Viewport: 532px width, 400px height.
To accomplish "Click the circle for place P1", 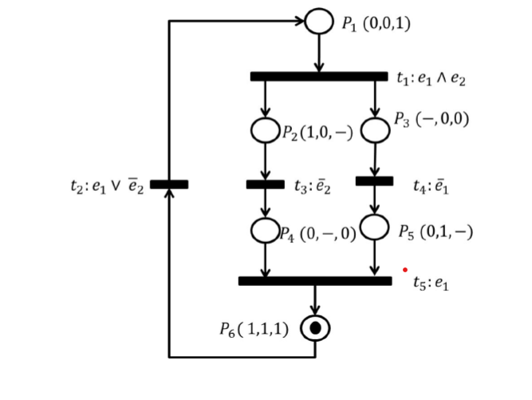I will pyautogui.click(x=319, y=22).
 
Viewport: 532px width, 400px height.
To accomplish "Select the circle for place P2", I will pyautogui.click(x=265, y=130).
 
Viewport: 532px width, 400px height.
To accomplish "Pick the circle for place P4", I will pyautogui.click(x=265, y=230).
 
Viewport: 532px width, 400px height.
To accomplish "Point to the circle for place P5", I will pyautogui.click(x=374, y=226).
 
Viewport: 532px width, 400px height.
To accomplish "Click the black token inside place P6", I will pyautogui.click(x=315, y=327).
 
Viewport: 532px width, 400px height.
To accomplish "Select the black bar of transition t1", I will pyautogui.click(x=318, y=77).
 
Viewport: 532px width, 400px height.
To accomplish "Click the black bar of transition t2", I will pyautogui.click(x=169, y=184).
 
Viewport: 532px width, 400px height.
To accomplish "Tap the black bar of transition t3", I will pyautogui.click(x=265, y=184).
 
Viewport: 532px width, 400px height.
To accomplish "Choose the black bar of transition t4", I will pyautogui.click(x=374, y=181).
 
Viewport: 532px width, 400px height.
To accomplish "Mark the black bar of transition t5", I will pyautogui.click(x=315, y=281).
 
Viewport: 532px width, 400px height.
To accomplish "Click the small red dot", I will pyautogui.click(x=405, y=270).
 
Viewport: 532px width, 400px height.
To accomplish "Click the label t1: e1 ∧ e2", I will pyautogui.click(x=431, y=78).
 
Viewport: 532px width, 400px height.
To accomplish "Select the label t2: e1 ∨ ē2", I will pyautogui.click(x=106, y=186).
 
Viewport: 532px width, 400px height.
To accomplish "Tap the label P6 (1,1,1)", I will pyautogui.click(x=254, y=329).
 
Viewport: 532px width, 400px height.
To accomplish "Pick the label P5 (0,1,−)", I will pyautogui.click(x=435, y=232).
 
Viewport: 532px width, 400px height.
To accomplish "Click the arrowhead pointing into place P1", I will pyautogui.click(x=301, y=22).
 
